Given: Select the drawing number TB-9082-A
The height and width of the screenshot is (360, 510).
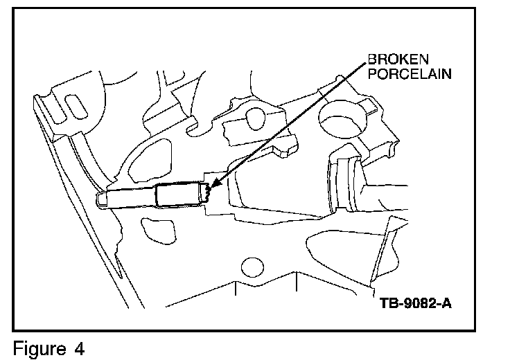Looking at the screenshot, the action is tap(412, 303).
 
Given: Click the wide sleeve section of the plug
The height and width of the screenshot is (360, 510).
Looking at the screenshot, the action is tap(178, 196).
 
